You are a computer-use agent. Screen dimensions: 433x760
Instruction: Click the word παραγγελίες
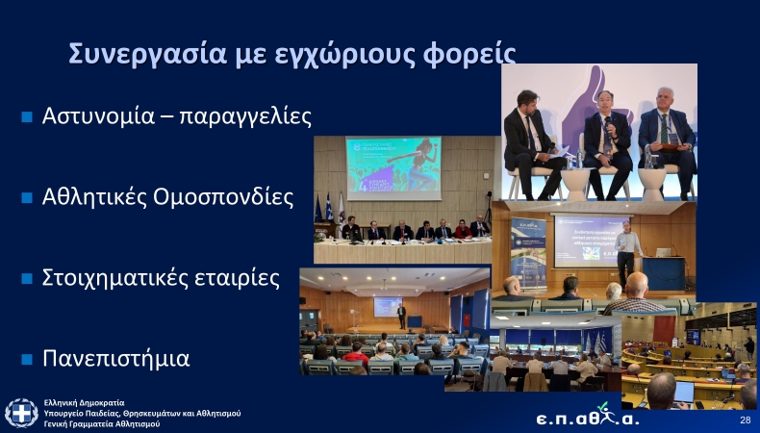[245, 117]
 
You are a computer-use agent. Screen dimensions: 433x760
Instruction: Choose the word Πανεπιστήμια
[115, 359]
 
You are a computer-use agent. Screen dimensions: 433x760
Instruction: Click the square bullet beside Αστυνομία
[27, 117]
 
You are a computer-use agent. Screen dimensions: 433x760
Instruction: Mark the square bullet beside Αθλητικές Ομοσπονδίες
[27, 198]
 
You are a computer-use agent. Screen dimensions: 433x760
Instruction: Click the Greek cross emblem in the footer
[21, 413]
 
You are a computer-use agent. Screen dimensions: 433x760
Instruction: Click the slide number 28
[745, 421]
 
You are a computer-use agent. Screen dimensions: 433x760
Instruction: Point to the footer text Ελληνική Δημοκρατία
[85, 402]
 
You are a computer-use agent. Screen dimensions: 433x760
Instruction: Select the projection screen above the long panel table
[393, 168]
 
